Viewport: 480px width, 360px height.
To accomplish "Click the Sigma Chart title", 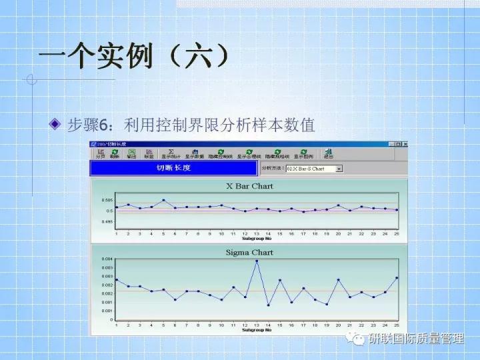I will coord(249,252).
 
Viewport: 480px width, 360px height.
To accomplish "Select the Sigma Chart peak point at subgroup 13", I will coord(257,261).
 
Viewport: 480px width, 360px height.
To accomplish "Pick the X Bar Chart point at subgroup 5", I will coord(163,200).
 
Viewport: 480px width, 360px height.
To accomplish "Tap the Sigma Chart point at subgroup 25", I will coord(397,277).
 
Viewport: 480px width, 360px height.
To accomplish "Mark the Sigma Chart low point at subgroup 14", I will coord(268,305).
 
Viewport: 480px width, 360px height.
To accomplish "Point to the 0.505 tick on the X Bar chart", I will coord(107,200).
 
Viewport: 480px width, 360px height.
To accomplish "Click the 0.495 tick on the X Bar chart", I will coord(107,221).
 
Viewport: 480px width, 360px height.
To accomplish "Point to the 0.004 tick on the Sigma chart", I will coord(107,259).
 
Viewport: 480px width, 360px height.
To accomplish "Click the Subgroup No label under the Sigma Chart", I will coord(257,330).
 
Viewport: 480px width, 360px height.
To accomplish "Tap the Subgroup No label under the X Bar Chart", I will coord(257,237).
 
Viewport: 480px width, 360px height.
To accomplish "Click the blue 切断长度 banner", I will coord(173,168).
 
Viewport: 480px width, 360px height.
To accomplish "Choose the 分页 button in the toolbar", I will coord(101,153).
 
